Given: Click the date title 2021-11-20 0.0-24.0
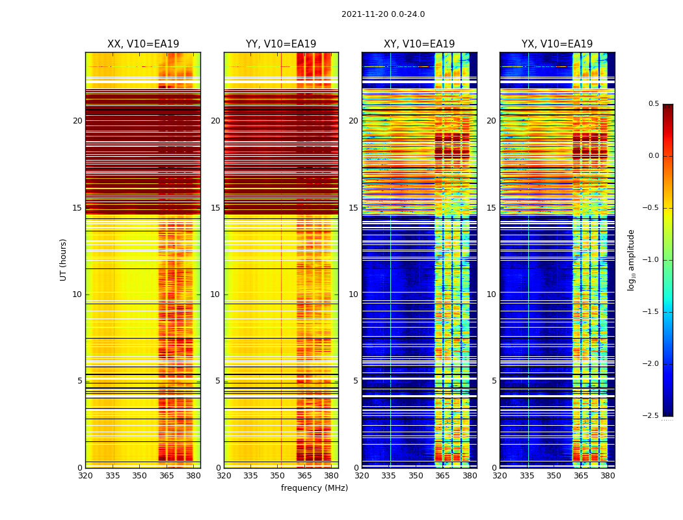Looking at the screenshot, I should [x=382, y=14].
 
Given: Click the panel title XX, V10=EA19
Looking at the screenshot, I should [x=143, y=44].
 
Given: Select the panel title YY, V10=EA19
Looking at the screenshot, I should [x=281, y=44].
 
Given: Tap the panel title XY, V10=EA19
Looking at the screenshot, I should [x=419, y=44].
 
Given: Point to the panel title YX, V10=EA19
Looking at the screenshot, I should [x=557, y=44].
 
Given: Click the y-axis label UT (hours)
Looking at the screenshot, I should [x=63, y=259].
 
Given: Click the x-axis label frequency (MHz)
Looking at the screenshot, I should [x=314, y=488].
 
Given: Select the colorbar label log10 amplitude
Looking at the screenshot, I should [x=631, y=260].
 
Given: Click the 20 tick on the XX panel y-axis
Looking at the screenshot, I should [x=77, y=121].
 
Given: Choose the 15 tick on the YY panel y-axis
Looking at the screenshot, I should [x=215, y=208].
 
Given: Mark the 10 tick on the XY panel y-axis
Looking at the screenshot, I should [x=353, y=294].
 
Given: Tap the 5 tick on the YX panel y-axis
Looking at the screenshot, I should [x=494, y=381].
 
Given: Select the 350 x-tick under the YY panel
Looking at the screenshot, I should [x=278, y=476].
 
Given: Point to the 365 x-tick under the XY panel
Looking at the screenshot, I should [x=442, y=476].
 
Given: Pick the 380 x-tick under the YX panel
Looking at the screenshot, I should [x=608, y=476].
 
